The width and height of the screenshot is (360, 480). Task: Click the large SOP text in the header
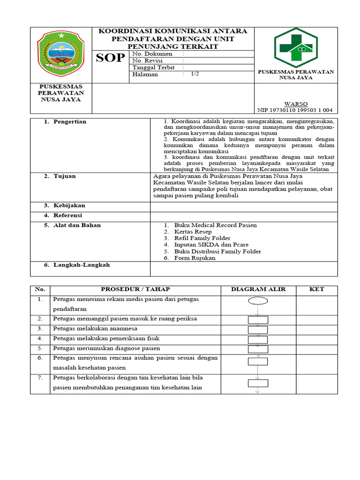(110, 58)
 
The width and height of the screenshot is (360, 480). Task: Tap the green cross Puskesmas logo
(296, 47)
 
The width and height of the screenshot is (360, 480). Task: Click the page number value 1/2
(195, 74)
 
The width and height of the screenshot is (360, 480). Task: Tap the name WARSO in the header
(296, 104)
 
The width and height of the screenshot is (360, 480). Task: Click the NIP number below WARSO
(295, 110)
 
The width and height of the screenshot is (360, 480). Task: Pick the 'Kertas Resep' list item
(193, 232)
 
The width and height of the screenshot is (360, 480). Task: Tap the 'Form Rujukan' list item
(195, 258)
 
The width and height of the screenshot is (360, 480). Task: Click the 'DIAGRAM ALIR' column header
(258, 289)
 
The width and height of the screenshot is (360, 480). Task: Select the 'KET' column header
(316, 289)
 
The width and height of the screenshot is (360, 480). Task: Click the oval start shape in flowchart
(258, 301)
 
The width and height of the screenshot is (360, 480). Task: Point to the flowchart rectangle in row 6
(258, 361)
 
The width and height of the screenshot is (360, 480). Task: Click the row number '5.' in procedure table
(40, 348)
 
